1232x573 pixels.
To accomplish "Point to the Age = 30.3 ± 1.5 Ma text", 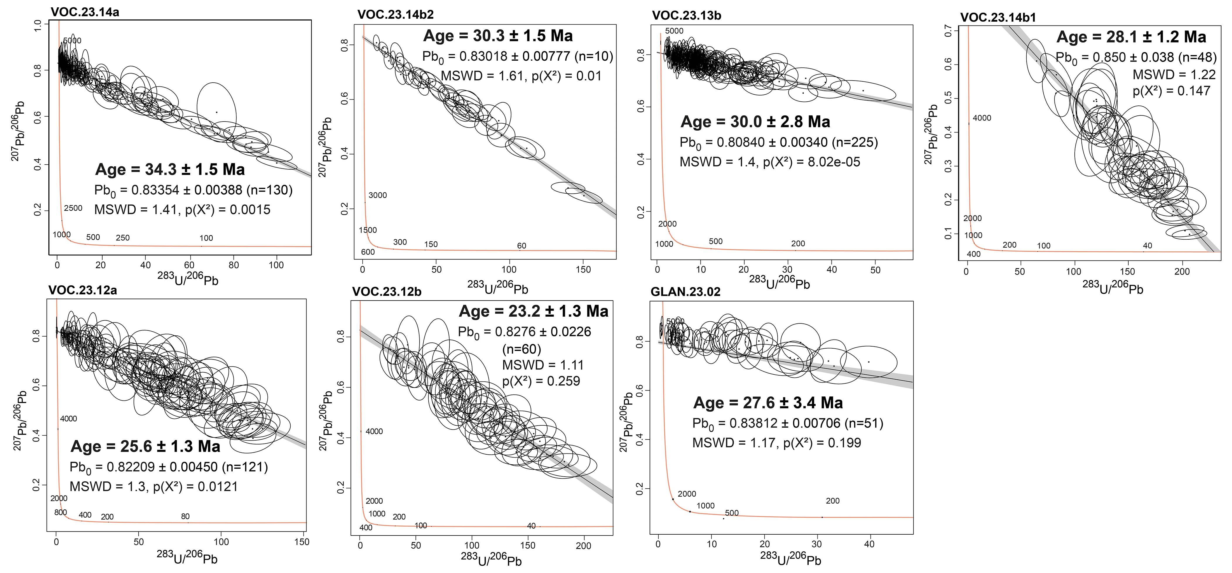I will point(498,36).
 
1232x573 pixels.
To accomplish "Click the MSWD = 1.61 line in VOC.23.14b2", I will point(521,76).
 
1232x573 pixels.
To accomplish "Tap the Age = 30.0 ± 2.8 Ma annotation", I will point(755,122).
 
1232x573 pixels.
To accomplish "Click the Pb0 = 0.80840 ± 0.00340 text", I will point(779,143).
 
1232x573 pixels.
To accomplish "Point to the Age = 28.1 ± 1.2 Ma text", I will point(1131,37).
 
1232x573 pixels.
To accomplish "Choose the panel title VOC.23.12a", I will point(82,290).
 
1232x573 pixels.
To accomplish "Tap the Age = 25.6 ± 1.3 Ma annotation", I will point(145,446).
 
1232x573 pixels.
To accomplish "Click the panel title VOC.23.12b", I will point(386,292).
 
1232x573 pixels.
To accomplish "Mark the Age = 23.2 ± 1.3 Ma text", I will point(533,311).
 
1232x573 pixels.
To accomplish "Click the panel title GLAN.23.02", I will point(685,292).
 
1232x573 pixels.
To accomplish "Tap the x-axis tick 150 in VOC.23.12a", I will point(302,542).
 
